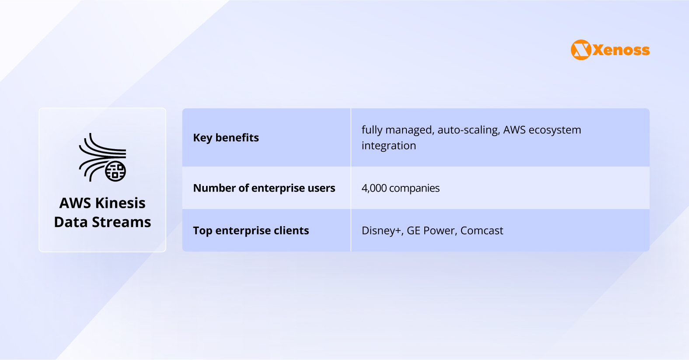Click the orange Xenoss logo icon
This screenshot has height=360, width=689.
[x=581, y=50]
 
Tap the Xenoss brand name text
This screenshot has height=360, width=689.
[x=621, y=50]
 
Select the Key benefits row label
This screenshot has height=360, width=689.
[x=226, y=137]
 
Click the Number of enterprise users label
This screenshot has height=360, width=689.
[x=264, y=188]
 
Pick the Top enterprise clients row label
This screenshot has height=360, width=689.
[x=251, y=231]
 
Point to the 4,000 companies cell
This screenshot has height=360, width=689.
[x=400, y=188]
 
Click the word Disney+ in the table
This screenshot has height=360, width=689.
[x=382, y=231]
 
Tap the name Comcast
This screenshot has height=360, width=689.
[x=482, y=231]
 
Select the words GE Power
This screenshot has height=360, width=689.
[x=430, y=231]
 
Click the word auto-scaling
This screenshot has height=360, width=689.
[x=468, y=130]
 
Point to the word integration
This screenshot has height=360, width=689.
[x=389, y=146]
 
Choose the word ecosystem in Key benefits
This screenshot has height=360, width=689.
[x=555, y=130]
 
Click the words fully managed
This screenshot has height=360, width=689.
[x=398, y=130]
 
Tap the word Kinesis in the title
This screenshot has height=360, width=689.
[x=120, y=203]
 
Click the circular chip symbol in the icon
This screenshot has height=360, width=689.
[x=115, y=171]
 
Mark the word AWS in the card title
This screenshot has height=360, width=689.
[x=75, y=203]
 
